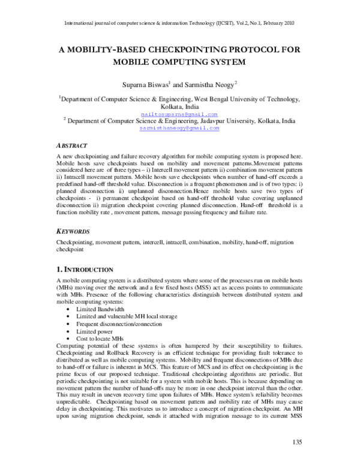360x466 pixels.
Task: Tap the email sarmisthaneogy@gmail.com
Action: pos(180,128)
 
